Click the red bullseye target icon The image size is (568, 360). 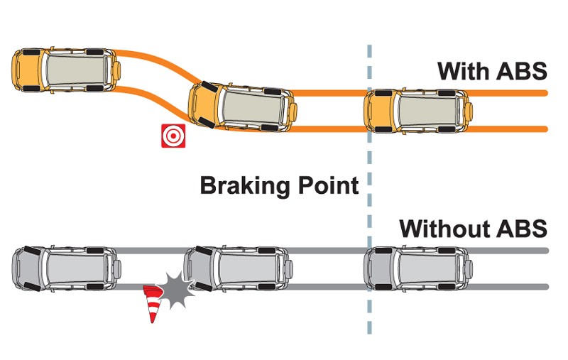coord(173,136)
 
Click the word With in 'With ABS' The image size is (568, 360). coord(464,71)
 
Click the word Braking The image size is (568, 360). coord(246,186)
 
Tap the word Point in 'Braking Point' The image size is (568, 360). coord(329,185)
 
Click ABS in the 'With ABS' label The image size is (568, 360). coord(522,71)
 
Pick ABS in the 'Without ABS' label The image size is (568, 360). coord(522,229)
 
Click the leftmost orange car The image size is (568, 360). coord(66,70)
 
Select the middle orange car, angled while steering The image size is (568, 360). coord(242,107)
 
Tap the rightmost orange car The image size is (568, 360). coord(418,111)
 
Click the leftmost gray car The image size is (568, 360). coord(66,269)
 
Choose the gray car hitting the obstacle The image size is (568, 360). coord(238,269)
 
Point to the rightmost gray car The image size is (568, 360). coord(418,269)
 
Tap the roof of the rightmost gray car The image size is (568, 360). coord(427,269)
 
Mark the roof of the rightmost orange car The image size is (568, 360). coord(427,111)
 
